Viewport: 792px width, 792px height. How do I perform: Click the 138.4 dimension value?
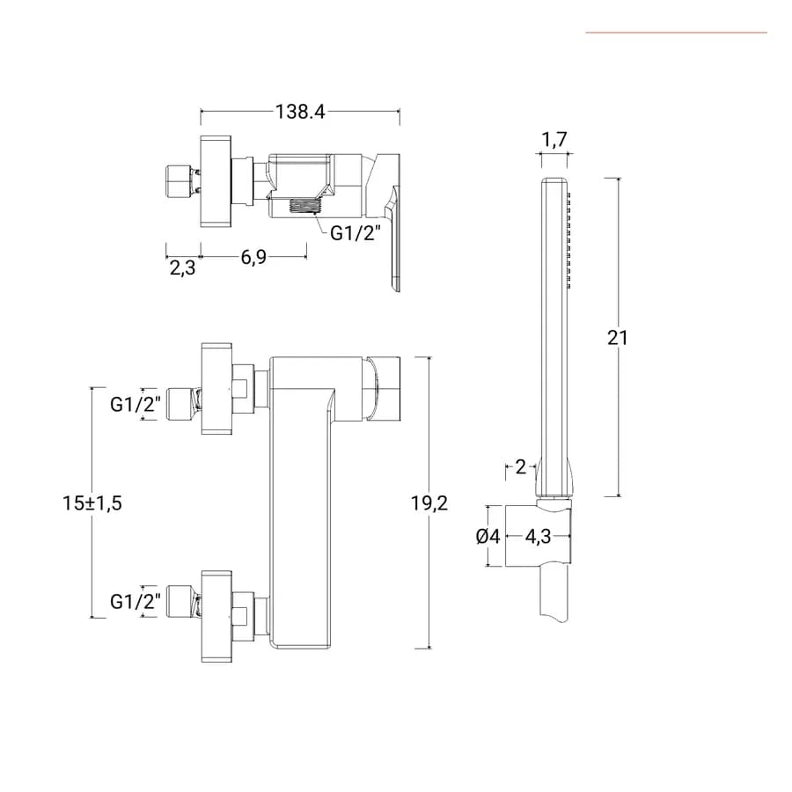[300, 112]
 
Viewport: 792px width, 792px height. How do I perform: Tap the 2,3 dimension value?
[182, 268]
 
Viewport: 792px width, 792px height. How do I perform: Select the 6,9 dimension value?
[253, 257]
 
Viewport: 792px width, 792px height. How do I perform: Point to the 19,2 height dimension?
[429, 503]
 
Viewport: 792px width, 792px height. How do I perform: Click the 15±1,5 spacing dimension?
[92, 503]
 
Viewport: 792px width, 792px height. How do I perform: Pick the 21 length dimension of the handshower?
[618, 338]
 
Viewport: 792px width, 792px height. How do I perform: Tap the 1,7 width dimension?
[554, 139]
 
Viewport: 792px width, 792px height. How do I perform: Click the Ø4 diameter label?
[488, 537]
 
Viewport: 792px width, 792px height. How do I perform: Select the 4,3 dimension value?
[538, 537]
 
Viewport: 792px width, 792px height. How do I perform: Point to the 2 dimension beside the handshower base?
[521, 467]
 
